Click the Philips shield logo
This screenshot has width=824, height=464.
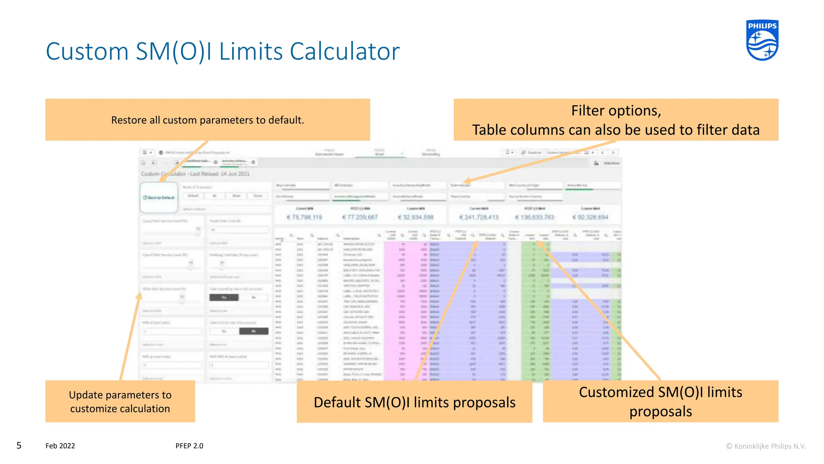(x=762, y=40)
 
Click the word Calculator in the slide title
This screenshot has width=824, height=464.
(x=344, y=52)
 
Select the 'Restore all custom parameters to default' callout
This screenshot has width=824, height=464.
(x=208, y=120)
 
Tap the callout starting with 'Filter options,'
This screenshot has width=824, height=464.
(x=616, y=120)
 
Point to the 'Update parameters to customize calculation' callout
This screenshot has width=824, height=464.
(x=120, y=401)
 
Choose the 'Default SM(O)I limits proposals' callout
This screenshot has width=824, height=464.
(x=414, y=402)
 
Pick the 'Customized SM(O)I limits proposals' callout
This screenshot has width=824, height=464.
(x=660, y=401)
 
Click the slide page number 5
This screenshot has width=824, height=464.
(x=19, y=445)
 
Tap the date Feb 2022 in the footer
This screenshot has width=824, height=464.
(x=60, y=446)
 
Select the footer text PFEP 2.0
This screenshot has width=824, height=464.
(x=190, y=446)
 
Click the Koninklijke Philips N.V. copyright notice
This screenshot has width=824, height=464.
(x=766, y=446)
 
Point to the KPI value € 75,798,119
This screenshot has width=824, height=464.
(x=305, y=217)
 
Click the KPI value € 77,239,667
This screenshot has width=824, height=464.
(x=360, y=217)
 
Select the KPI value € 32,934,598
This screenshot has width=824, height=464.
(x=416, y=217)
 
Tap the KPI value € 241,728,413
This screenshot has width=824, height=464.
(x=479, y=217)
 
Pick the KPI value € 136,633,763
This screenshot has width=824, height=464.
(x=535, y=217)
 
